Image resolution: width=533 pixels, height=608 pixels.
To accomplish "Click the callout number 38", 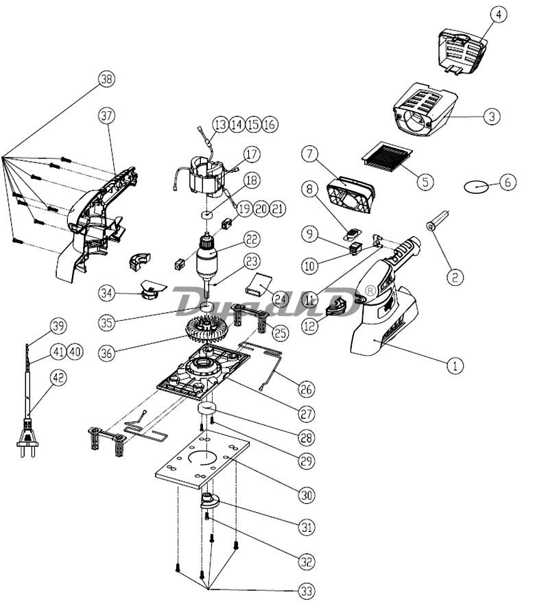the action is pyautogui.click(x=107, y=79).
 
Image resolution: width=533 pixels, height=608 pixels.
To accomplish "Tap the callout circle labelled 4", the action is pyautogui.click(x=499, y=14).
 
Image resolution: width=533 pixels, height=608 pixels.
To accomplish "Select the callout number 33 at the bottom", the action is pyautogui.click(x=307, y=592).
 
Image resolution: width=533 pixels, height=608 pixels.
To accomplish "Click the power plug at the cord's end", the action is pyautogui.click(x=27, y=439).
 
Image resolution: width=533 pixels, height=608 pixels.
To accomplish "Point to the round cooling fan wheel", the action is pyautogui.click(x=205, y=331).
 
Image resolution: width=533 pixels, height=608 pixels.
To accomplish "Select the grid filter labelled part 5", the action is pyautogui.click(x=387, y=157).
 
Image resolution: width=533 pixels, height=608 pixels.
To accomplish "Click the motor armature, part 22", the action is pyautogui.click(x=209, y=260).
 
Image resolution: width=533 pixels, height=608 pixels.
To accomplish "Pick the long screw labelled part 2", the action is pyautogui.click(x=438, y=220).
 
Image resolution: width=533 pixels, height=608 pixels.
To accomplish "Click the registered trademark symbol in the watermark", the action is pyautogui.click(x=371, y=291).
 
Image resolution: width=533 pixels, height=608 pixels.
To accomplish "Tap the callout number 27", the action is pyautogui.click(x=307, y=414).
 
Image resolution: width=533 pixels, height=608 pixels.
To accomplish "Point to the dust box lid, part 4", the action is pyautogui.click(x=462, y=51).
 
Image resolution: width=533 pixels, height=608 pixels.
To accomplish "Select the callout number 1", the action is pyautogui.click(x=455, y=365).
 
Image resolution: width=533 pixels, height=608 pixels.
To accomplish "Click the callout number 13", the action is pyautogui.click(x=220, y=125).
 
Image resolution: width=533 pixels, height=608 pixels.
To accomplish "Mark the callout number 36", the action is pyautogui.click(x=107, y=353).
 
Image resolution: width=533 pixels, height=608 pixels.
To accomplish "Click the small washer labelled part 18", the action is pyautogui.click(x=207, y=214).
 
